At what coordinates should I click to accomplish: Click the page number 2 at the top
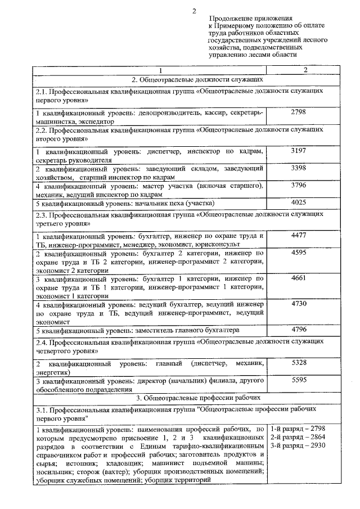195,11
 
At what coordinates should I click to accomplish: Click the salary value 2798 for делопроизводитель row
299,112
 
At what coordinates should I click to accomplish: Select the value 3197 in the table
299,152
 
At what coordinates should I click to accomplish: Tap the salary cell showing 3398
299,168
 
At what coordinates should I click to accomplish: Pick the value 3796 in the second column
299,185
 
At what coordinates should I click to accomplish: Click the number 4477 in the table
299,235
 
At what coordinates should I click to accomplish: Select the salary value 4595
299,253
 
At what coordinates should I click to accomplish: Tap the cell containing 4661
299,278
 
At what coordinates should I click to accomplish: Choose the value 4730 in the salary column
299,303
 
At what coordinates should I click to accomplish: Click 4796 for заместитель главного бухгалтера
299,329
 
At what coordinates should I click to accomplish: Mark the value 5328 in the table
299,363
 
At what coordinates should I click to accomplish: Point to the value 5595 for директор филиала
299,380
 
